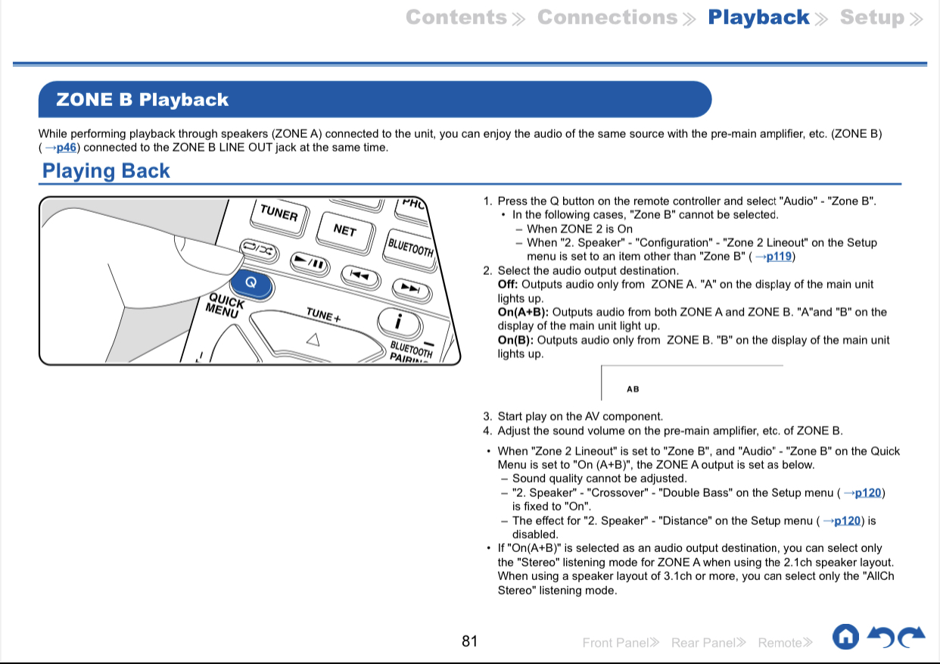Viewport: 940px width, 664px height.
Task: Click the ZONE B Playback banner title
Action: (142, 100)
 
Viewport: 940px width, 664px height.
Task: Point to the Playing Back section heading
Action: (106, 171)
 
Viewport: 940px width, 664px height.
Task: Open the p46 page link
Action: (67, 148)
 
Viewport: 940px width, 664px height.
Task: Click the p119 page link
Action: (779, 257)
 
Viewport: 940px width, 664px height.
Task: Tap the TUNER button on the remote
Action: (279, 213)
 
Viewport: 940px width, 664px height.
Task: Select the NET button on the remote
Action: (344, 229)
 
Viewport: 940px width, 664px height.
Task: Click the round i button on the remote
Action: (398, 323)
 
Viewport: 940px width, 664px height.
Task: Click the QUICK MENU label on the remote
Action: (226, 306)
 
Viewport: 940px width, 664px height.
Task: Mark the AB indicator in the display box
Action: (633, 389)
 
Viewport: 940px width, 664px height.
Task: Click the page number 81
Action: (469, 642)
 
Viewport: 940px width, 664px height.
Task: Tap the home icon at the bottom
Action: (845, 637)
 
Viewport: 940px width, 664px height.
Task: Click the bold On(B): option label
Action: (515, 340)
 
